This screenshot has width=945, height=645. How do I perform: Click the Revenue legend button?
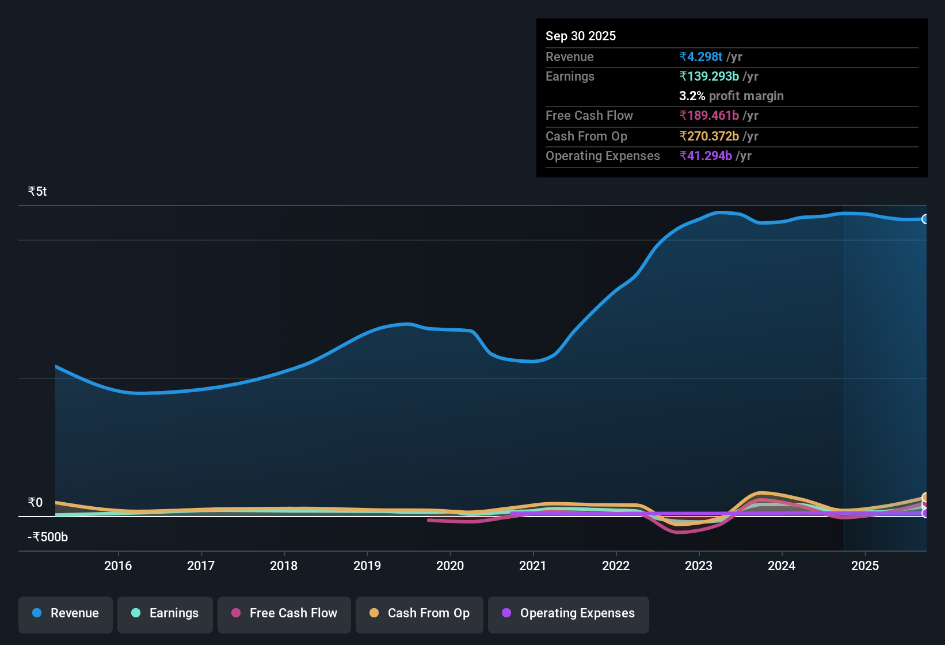[x=66, y=613]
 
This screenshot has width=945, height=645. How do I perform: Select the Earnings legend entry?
[x=165, y=613]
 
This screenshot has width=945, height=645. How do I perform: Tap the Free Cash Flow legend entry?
[x=284, y=613]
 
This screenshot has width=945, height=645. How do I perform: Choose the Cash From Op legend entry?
[x=420, y=613]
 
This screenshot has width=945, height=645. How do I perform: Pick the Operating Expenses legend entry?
[x=569, y=613]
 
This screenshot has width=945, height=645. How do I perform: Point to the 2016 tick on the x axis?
[x=118, y=566]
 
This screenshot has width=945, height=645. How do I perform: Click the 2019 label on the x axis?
[x=367, y=566]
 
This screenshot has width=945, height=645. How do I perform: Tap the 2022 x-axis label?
[x=616, y=566]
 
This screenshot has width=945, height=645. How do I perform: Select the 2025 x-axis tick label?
[x=865, y=566]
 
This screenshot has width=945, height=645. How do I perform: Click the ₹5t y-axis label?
[x=37, y=192]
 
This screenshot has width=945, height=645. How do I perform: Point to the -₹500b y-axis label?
[x=48, y=537]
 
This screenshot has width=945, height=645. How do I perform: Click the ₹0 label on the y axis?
[x=35, y=503]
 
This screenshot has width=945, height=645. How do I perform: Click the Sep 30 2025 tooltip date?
[x=581, y=36]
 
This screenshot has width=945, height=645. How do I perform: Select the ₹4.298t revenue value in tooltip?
[x=701, y=56]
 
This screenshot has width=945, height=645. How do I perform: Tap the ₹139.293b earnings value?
[x=709, y=76]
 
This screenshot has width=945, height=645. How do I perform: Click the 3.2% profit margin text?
[x=731, y=96]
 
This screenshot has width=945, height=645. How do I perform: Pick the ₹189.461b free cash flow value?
[x=709, y=115]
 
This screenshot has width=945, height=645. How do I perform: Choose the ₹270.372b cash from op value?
[x=709, y=136]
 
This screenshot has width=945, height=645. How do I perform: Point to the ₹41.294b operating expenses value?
[x=706, y=155]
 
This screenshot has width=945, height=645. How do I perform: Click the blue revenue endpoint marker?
[x=925, y=219]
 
